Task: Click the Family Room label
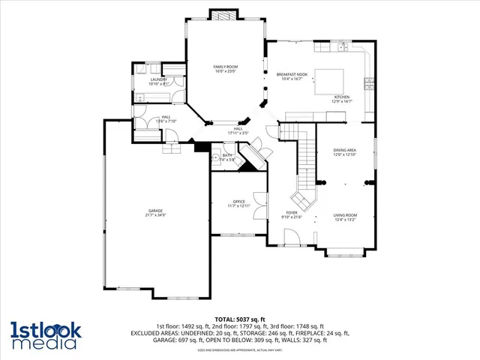point(226,67)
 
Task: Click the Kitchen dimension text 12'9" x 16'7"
point(342,101)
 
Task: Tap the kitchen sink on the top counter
point(342,47)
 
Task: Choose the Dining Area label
point(345,150)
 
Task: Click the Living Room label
point(345,215)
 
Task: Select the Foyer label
point(292,212)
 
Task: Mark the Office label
point(239,201)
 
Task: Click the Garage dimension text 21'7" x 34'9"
point(155,215)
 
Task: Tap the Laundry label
point(157,79)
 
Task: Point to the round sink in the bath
point(216,157)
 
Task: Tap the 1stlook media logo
point(43,334)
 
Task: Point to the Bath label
point(227,154)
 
